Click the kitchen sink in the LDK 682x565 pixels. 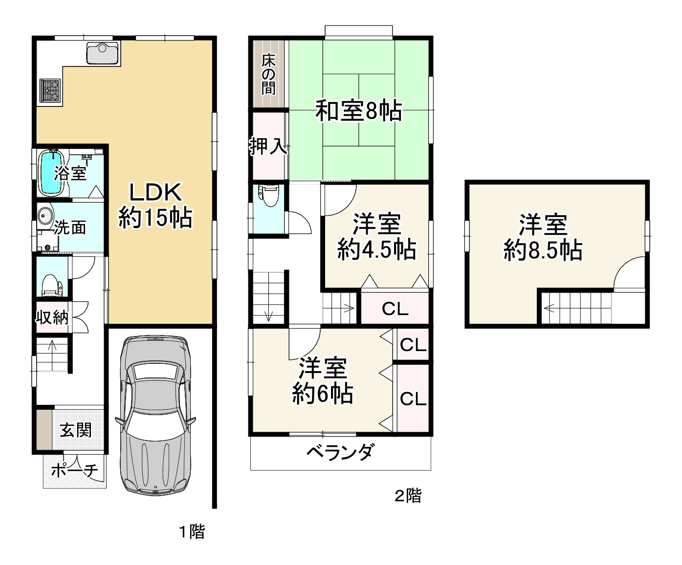[x=102, y=53]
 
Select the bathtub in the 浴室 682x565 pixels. [x=51, y=172]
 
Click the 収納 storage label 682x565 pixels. [x=51, y=317]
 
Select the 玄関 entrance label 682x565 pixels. [x=76, y=430]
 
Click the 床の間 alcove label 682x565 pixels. [x=268, y=74]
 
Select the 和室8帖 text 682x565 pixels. [x=358, y=111]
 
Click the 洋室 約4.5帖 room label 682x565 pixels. [x=376, y=237]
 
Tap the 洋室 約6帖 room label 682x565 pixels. [x=323, y=381]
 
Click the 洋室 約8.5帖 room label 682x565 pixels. [x=543, y=237]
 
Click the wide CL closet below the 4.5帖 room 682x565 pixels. [x=395, y=308]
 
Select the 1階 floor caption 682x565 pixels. [x=191, y=531]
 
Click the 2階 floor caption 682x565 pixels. [x=408, y=496]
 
